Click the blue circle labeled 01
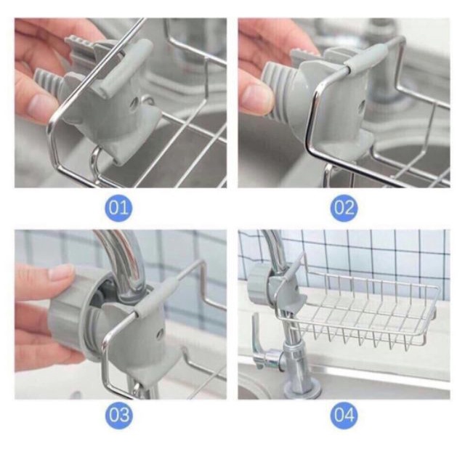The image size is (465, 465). point(118,208)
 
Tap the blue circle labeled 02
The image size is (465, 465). point(344,208)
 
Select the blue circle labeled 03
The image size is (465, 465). point(118,415)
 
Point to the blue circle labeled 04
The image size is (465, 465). point(344,415)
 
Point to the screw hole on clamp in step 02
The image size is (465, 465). point(362,105)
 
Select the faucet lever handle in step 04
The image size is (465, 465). point(258,341)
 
